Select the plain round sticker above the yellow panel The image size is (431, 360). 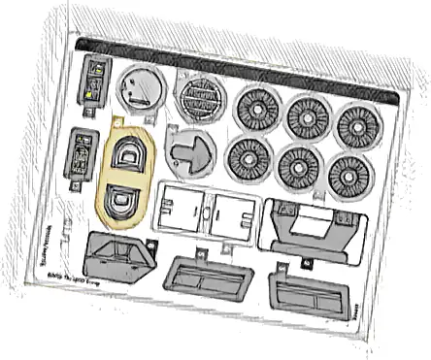click(x=139, y=92)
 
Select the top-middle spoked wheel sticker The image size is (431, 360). click(x=310, y=117)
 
